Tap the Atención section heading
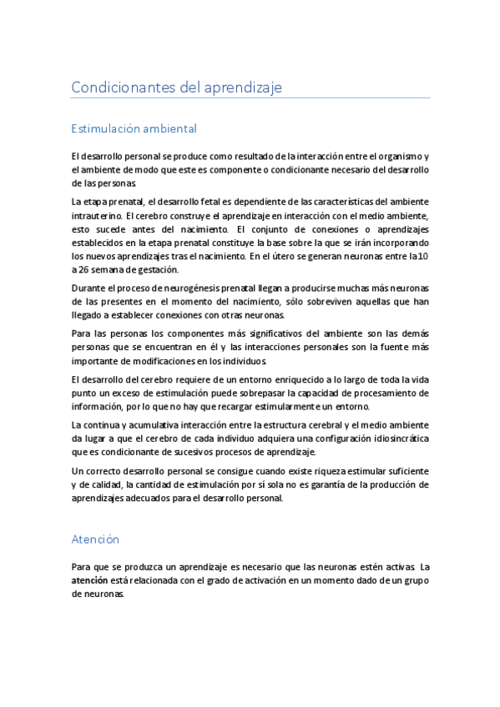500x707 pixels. point(95,516)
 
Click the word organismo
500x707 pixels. point(402,156)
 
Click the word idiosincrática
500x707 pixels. point(391,438)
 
